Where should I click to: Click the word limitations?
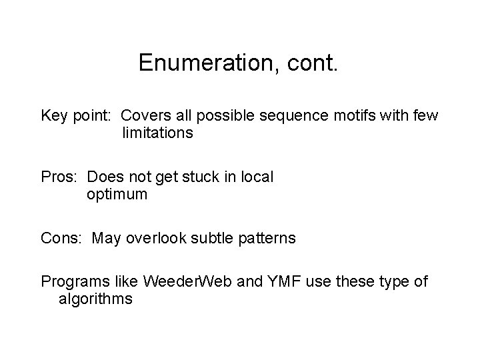pos(157,133)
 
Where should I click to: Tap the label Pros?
pos(61,178)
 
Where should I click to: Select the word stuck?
pos(197,178)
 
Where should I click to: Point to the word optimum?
pos(117,195)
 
